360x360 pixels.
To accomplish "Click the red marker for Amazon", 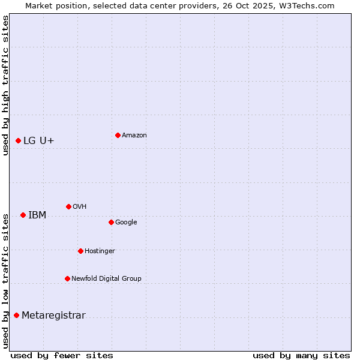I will [118, 135].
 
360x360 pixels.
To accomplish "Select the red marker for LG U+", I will [18, 140].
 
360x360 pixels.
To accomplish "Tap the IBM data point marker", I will [23, 215].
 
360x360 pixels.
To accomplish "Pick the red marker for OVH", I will [68, 206].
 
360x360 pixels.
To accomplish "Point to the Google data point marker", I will [111, 222].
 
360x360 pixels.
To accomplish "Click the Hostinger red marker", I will [80, 251].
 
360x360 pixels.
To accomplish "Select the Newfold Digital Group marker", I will [67, 278].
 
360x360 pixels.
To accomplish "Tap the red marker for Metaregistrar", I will [16, 315].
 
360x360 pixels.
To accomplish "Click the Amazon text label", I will [134, 136].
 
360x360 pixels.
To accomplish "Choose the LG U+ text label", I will [39, 140].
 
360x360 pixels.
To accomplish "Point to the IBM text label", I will [37, 215].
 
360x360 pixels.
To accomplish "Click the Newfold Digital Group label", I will [107, 278].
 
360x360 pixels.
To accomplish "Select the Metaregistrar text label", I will [54, 316].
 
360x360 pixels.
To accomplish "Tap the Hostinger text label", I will [100, 251].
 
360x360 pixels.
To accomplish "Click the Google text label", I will [126, 222].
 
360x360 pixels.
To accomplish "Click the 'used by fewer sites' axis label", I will [62, 355].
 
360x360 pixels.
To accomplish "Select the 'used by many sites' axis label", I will [301, 355].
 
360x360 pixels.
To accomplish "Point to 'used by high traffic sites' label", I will [5, 85].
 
